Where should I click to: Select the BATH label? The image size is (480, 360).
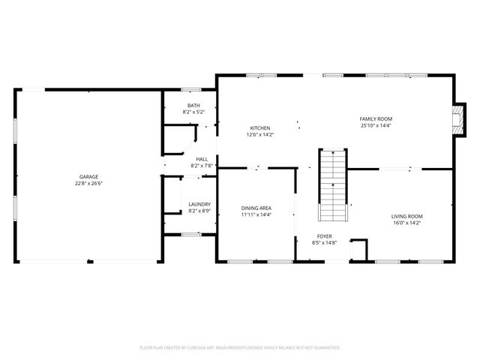tap(193, 106)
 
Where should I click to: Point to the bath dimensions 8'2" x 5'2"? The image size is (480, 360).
tap(193, 112)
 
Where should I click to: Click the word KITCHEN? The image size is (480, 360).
tap(260, 128)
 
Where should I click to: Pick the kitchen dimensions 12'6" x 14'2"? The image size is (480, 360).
tap(260, 135)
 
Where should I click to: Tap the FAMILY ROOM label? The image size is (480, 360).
tap(376, 118)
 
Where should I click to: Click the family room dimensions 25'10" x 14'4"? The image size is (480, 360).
tap(376, 125)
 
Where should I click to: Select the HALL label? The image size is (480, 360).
tap(202, 159)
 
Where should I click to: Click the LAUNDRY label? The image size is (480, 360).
tap(199, 204)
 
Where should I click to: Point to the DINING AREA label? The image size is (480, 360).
tap(256, 208)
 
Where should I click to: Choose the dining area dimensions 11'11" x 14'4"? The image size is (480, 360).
tap(256, 214)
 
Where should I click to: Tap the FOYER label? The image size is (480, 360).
tap(324, 235)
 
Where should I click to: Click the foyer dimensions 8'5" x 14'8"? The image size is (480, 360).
tap(324, 242)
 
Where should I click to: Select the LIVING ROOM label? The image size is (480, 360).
tap(407, 216)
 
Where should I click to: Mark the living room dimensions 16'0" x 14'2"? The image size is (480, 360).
tap(407, 223)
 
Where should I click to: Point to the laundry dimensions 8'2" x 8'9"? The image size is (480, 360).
tap(199, 211)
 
